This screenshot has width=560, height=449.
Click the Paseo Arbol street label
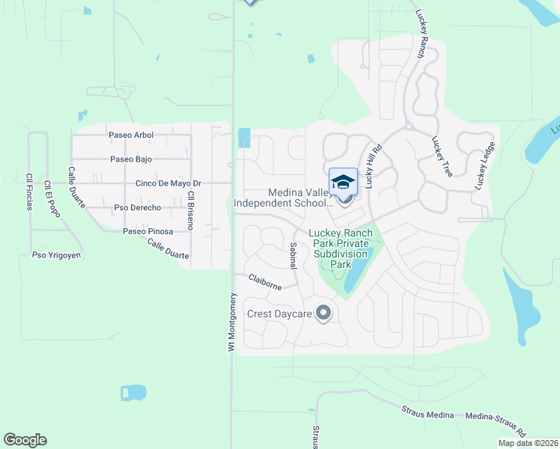coord(131,135)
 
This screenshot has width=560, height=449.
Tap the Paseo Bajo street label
coord(131,159)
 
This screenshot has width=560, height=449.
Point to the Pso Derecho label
coord(137,207)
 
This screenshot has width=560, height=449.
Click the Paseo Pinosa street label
coord(147,231)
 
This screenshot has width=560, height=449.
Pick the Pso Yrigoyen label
coord(56,255)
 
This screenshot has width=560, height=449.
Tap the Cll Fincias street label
coord(29,192)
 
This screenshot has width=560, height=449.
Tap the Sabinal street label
coord(293,257)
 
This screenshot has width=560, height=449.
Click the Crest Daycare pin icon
coord(323,313)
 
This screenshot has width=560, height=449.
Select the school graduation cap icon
coord(343,182)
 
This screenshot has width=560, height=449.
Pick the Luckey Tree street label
coord(442,156)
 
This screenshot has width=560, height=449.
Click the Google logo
coord(25,440)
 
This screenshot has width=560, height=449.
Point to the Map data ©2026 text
coord(528,443)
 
